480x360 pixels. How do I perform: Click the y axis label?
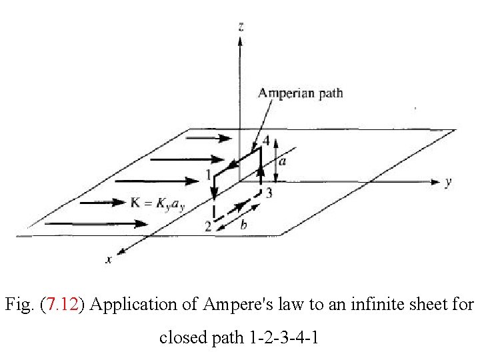point(449,181)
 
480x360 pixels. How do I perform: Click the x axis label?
point(109,260)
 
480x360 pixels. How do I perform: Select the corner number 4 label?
point(266,141)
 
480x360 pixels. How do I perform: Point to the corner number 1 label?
point(209,175)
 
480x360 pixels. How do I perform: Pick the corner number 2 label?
point(208,227)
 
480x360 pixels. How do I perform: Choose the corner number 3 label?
point(269,193)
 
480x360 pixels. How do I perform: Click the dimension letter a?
point(282,161)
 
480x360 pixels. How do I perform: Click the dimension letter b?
point(243,225)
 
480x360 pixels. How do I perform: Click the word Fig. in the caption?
point(19,305)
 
